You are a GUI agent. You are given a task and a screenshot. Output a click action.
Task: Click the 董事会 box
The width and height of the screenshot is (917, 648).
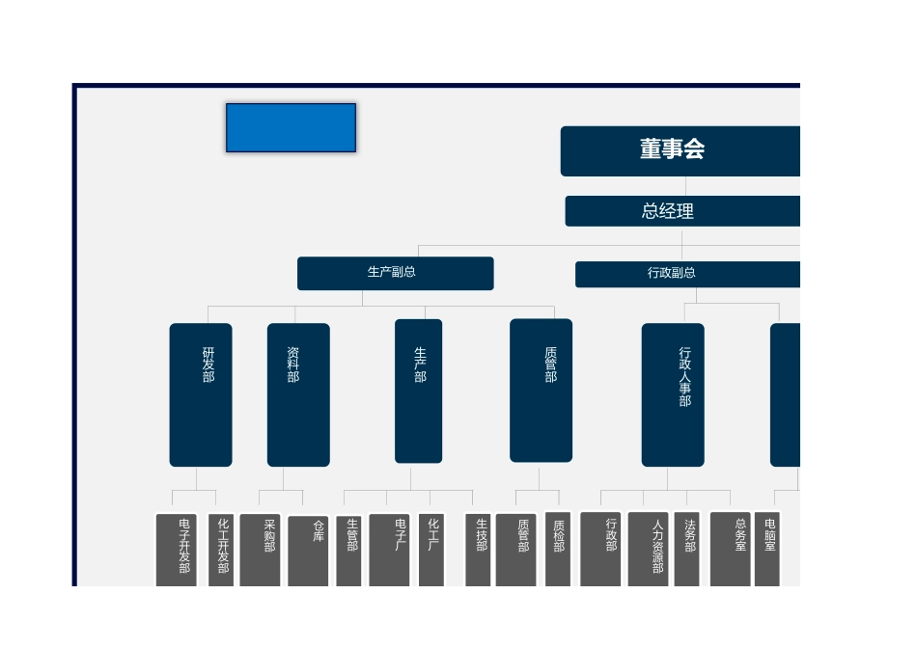681,150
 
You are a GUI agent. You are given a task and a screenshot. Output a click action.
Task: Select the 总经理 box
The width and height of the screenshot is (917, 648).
682,211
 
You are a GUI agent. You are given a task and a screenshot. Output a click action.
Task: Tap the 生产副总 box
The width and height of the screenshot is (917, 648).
396,273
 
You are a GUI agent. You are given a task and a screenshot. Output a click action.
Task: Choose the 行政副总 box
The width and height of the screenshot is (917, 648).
687,274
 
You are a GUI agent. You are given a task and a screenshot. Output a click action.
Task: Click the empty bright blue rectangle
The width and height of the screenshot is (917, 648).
292,128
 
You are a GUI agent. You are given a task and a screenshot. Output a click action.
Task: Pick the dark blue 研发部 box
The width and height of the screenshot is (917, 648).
201,395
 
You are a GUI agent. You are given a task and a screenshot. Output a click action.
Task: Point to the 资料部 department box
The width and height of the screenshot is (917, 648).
298,395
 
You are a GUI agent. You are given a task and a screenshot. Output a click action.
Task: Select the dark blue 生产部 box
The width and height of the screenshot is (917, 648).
418,391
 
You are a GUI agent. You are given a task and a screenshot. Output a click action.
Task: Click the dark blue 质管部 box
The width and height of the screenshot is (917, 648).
541,391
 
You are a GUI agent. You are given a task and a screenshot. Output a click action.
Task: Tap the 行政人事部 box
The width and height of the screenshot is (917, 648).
673,395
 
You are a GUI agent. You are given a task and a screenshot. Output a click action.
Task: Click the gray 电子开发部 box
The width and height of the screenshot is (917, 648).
176,550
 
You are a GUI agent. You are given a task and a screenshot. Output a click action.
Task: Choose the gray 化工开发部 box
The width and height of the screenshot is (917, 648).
221,550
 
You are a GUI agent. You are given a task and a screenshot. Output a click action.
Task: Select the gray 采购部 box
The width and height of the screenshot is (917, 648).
261,550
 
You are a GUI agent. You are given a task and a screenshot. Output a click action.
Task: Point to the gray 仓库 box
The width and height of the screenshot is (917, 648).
308,551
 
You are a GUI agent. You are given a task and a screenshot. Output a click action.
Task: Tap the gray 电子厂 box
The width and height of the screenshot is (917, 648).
390,550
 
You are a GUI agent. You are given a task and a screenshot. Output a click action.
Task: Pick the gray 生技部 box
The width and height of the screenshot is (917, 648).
478,550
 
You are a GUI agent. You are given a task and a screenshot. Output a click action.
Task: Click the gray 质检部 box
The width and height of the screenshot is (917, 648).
558,550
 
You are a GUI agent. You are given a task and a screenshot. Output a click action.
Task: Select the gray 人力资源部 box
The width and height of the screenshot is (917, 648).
648,550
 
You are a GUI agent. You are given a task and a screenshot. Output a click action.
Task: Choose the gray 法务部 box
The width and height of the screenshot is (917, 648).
686,550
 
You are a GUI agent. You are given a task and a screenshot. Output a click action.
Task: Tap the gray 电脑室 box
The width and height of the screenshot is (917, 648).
767,550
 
